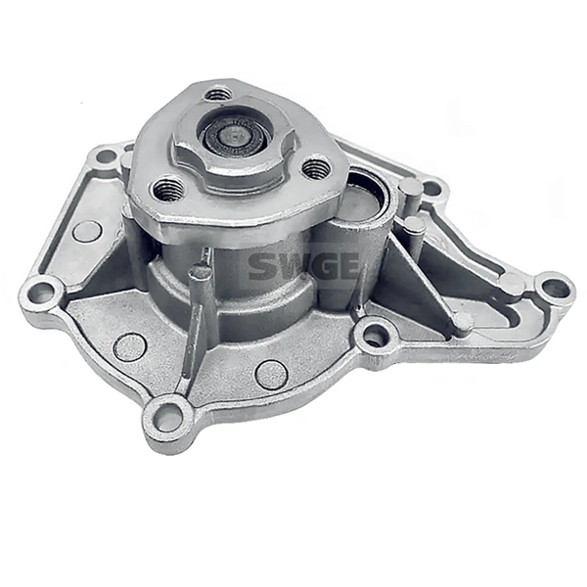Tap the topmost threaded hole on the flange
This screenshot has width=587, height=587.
[219, 94]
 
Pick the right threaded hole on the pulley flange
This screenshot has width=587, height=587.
[315, 168]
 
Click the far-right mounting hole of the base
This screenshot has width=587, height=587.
[555, 288]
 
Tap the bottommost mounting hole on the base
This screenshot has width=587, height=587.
[168, 417]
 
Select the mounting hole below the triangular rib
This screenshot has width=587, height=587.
[374, 337]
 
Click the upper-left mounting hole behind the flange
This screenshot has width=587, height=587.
[105, 157]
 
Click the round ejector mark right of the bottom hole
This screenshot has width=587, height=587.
[271, 374]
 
